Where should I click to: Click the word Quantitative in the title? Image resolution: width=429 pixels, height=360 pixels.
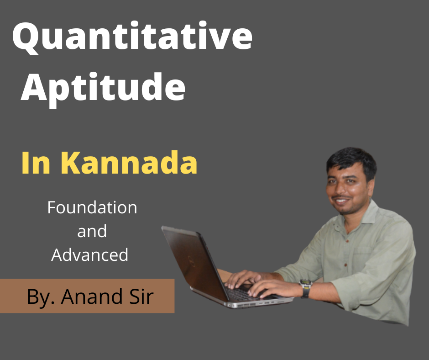[x=132, y=37]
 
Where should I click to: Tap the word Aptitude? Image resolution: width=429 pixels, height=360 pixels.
[x=103, y=88]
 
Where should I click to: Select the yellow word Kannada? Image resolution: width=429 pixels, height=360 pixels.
[x=129, y=163]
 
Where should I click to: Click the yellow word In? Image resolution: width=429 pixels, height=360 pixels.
[x=36, y=163]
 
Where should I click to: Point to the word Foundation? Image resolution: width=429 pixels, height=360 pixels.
[x=92, y=208]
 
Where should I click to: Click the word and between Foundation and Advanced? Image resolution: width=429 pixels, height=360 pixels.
[x=92, y=231]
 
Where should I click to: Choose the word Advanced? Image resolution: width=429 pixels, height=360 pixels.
[x=90, y=254]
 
